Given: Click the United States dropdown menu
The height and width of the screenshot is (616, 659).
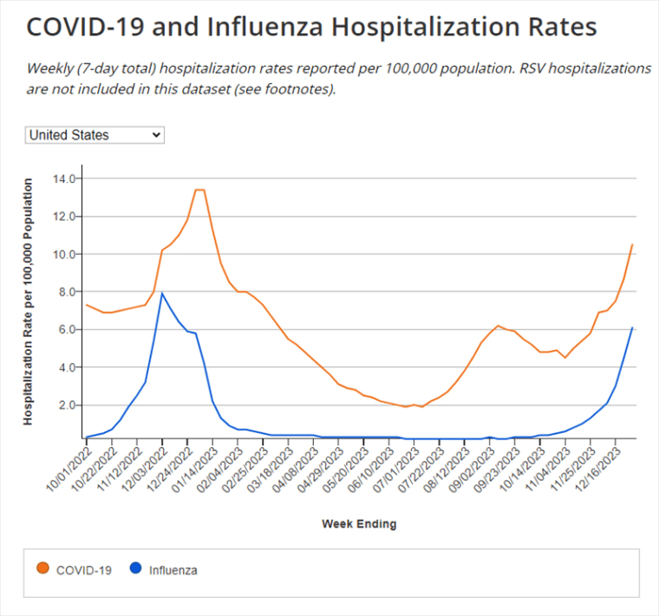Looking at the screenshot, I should (x=95, y=135).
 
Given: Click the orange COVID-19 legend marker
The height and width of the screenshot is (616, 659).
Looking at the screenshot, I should (x=42, y=569).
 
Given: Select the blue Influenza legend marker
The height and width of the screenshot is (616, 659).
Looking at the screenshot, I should (x=135, y=569).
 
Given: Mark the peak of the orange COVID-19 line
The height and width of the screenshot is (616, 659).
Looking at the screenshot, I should (x=199, y=190).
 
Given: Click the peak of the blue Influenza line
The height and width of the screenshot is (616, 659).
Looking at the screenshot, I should (x=162, y=293).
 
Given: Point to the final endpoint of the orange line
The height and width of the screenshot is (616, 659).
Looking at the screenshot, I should (x=633, y=244).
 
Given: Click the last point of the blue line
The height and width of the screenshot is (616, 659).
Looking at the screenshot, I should (x=633, y=327).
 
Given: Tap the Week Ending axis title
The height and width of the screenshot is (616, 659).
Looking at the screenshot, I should (x=359, y=524).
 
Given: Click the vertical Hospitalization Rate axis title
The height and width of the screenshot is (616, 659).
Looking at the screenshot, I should (x=28, y=302).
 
